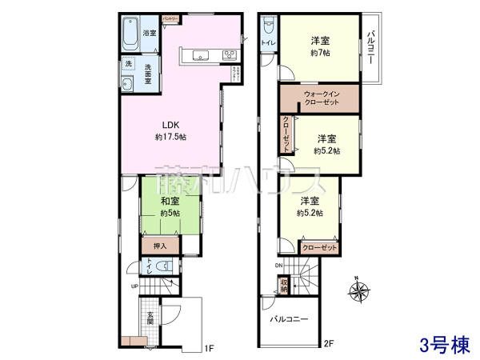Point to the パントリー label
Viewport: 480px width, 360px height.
click(170, 17)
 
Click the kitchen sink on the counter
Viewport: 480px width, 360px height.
click(198, 55)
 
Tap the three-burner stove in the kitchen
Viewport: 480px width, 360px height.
click(228, 55)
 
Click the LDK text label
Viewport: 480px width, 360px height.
click(170, 125)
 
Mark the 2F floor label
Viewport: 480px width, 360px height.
click(328, 346)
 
